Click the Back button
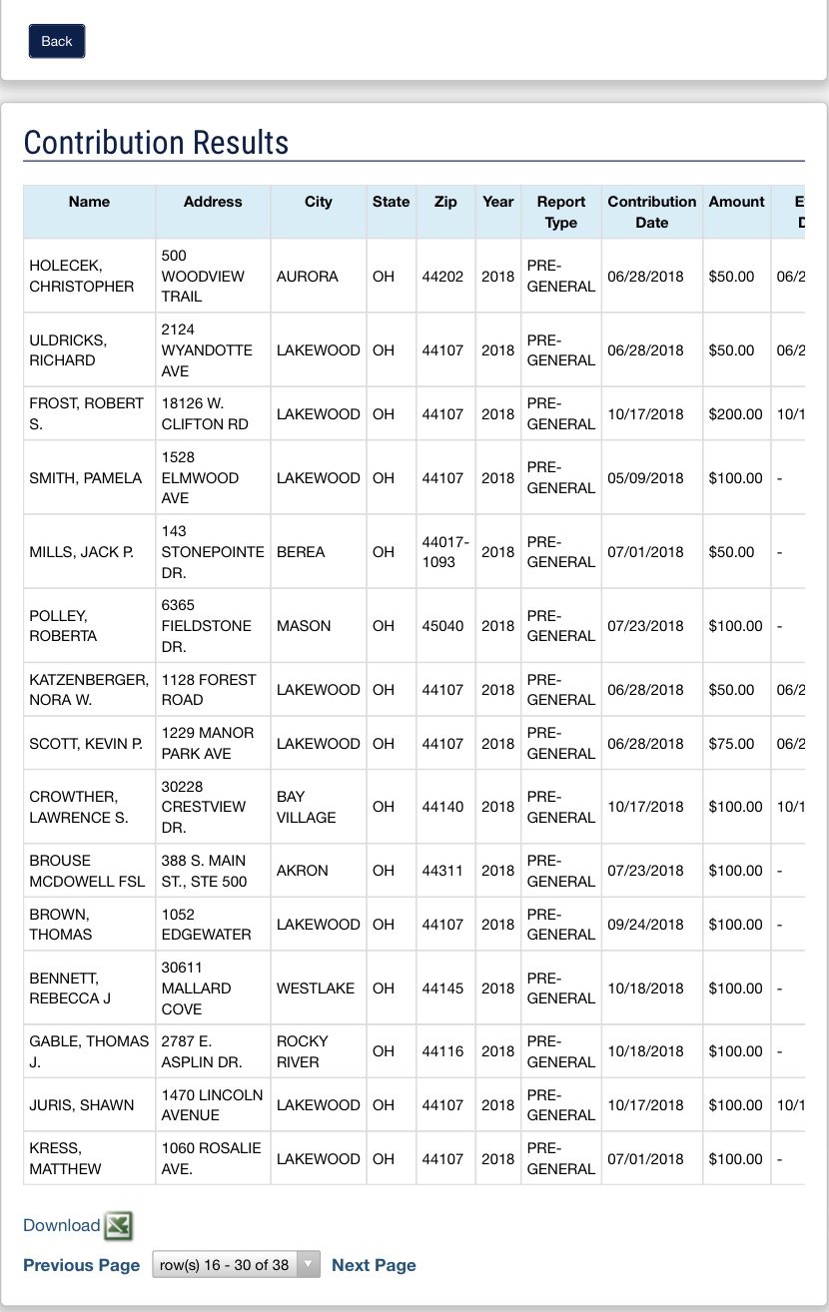(x=57, y=41)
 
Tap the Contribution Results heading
(x=156, y=143)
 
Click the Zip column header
(x=445, y=202)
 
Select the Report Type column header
(x=560, y=212)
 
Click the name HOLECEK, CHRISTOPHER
(x=81, y=276)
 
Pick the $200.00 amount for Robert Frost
(x=735, y=414)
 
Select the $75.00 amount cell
(x=731, y=744)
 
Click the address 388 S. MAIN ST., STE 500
(x=204, y=871)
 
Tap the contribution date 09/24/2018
(x=645, y=925)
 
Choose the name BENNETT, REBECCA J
(x=70, y=988)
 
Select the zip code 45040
(x=442, y=626)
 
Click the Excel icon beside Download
(x=119, y=1225)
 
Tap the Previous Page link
(x=81, y=1265)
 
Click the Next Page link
(x=374, y=1265)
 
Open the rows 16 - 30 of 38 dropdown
(x=236, y=1265)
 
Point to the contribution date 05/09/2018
(x=645, y=478)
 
